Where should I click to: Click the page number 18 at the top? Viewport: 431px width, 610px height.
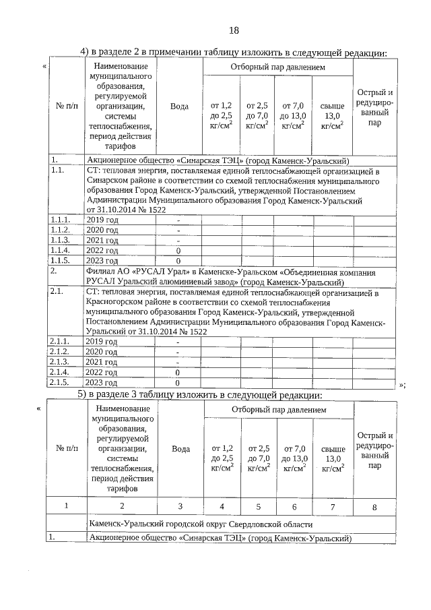(234, 30)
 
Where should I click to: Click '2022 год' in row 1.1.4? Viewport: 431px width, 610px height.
(102, 250)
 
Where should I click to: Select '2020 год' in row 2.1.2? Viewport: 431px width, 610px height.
(102, 352)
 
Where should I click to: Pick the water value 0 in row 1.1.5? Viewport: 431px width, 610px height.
(178, 260)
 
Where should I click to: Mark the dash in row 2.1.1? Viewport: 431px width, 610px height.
(178, 342)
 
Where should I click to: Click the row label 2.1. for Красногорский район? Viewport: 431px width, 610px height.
(57, 293)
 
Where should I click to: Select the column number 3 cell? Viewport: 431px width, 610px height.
(180, 506)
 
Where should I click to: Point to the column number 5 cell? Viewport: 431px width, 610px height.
(259, 506)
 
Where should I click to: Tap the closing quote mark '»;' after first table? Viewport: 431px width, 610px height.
(402, 385)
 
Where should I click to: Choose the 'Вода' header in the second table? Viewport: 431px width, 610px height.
(180, 448)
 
